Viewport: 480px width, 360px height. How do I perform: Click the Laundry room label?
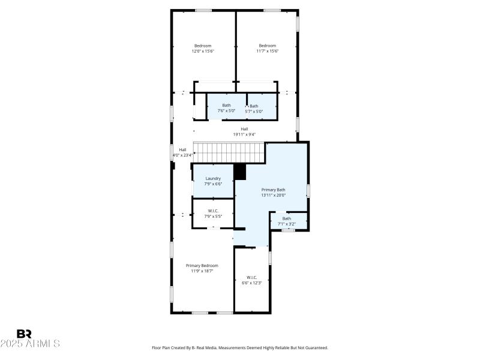coord(213,178)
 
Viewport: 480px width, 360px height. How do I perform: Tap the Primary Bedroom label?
coord(202,265)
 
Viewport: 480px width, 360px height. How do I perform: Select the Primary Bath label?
coord(273,190)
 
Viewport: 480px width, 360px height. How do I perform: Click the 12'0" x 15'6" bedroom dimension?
coord(202,52)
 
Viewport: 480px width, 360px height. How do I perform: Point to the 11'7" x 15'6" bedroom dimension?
coord(267,52)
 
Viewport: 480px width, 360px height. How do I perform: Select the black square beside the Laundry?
coord(240,172)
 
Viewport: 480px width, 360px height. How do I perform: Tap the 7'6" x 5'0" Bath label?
coord(226,106)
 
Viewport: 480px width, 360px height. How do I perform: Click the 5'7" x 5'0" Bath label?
coord(254,106)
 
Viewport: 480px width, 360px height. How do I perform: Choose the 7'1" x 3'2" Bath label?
coord(287,218)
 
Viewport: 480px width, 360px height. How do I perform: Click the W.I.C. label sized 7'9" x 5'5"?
coord(213,211)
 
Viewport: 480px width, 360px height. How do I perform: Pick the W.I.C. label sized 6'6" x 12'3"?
coord(252,277)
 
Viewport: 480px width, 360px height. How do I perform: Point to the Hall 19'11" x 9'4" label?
coord(244,129)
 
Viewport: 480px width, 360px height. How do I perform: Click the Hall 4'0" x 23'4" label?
coord(182,150)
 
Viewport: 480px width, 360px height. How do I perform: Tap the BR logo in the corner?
coord(24,333)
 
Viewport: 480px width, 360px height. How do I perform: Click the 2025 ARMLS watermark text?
coord(30,344)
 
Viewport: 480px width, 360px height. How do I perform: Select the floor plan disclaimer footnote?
coord(240,347)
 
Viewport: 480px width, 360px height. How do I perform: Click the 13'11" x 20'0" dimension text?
coord(273,195)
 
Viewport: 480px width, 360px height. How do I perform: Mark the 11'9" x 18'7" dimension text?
coord(202,271)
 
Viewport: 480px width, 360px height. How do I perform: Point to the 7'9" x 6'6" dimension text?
coord(213,184)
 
